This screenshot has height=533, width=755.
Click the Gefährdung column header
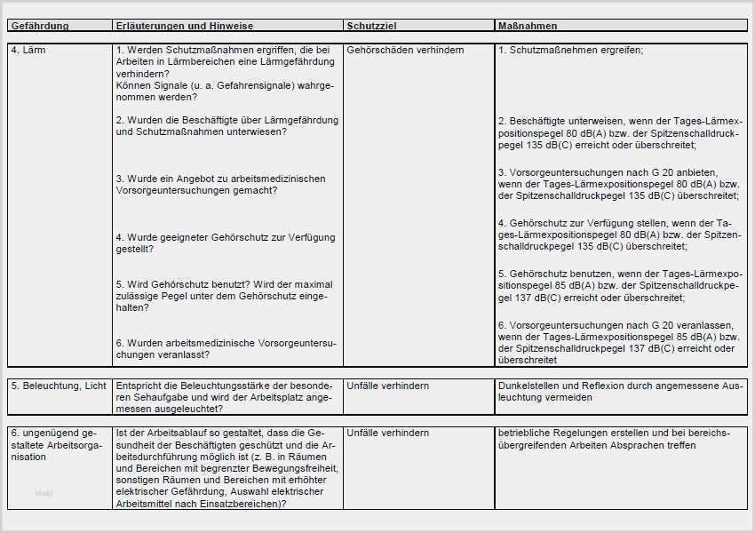[x=40, y=27]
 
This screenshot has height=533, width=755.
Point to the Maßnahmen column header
[x=528, y=27]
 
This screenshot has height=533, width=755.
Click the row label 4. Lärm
[x=28, y=51]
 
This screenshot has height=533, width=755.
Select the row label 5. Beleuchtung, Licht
[x=59, y=386]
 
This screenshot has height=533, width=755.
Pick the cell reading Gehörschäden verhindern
[x=405, y=51]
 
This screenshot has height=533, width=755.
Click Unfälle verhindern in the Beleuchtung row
[x=388, y=386]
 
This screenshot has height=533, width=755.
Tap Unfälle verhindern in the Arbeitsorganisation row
[x=388, y=433]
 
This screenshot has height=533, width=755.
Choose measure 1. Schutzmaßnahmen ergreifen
[x=571, y=51]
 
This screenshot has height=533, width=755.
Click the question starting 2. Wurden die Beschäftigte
[x=226, y=126]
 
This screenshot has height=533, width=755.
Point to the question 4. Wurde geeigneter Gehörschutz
[x=226, y=243]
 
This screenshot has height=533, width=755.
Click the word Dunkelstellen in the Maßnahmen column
[x=529, y=386]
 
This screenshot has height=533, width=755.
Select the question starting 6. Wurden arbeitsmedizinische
[x=226, y=348]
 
